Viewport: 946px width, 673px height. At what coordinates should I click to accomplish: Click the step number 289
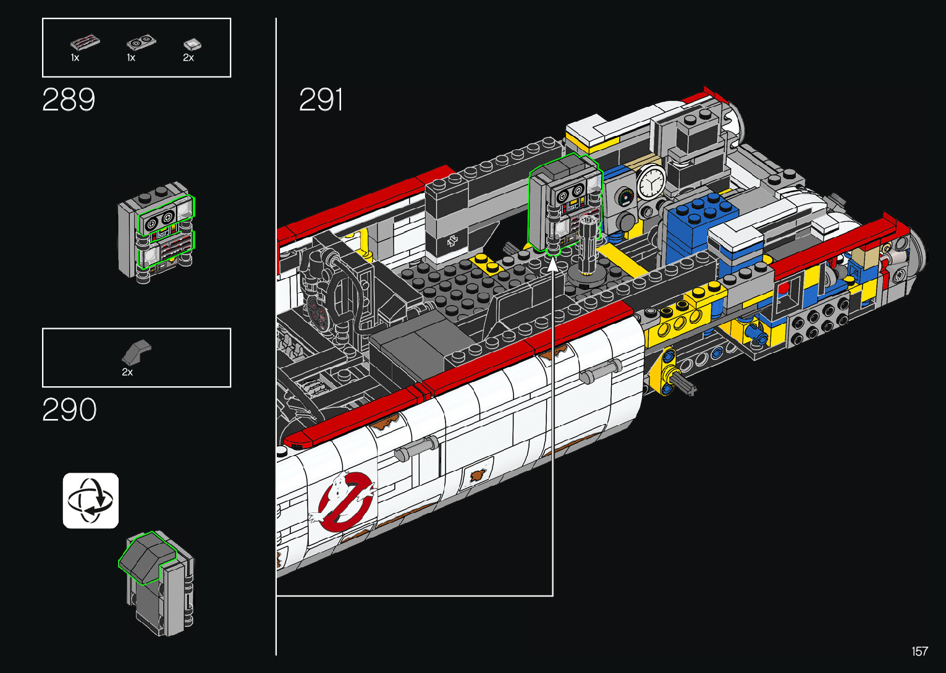point(69,99)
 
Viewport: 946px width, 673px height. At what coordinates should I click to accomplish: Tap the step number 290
point(70,409)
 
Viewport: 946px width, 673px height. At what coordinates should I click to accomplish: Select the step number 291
point(321,99)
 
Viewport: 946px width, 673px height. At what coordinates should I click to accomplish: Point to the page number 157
point(920,651)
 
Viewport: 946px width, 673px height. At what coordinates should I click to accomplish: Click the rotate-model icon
point(91,501)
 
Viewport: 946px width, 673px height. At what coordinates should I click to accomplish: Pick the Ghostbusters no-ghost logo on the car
point(344,501)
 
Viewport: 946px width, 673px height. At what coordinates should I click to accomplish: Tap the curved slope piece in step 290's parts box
point(137,352)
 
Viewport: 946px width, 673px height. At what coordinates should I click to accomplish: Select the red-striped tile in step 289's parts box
point(85,43)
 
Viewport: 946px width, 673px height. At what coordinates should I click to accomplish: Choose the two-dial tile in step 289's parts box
point(141,42)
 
